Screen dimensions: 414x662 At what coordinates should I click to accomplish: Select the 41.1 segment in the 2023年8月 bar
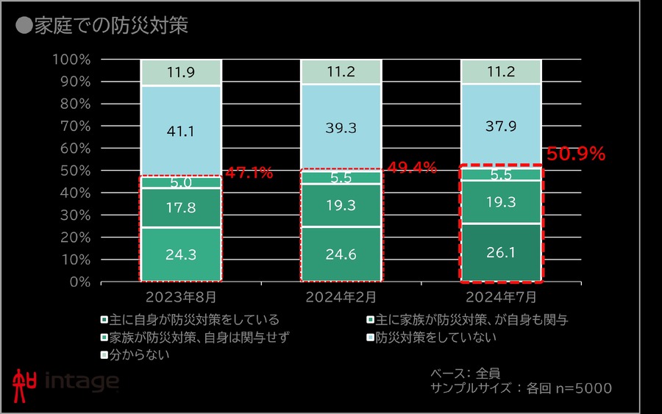tap(180, 131)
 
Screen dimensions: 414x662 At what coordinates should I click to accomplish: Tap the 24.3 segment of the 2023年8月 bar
tap(180, 254)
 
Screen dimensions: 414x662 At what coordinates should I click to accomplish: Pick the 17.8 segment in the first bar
tap(180, 208)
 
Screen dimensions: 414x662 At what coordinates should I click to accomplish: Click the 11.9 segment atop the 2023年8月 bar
tap(180, 73)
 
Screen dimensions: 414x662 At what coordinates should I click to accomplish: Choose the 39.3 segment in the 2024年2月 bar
tap(341, 128)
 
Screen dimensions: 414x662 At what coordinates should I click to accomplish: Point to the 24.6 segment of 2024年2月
tap(341, 254)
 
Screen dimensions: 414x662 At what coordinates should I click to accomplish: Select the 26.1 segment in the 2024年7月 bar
tap(501, 252)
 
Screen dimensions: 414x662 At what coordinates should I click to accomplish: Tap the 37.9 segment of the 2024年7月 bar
tap(501, 126)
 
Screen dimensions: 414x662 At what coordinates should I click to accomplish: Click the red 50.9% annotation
tap(576, 154)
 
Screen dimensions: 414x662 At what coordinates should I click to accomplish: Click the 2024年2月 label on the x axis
tap(341, 298)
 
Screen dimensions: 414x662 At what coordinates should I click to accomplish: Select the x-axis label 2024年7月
tap(501, 298)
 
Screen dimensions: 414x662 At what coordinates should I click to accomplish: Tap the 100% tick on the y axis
tap(71, 60)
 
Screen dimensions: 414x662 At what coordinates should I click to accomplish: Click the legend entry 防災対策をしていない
tap(434, 338)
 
